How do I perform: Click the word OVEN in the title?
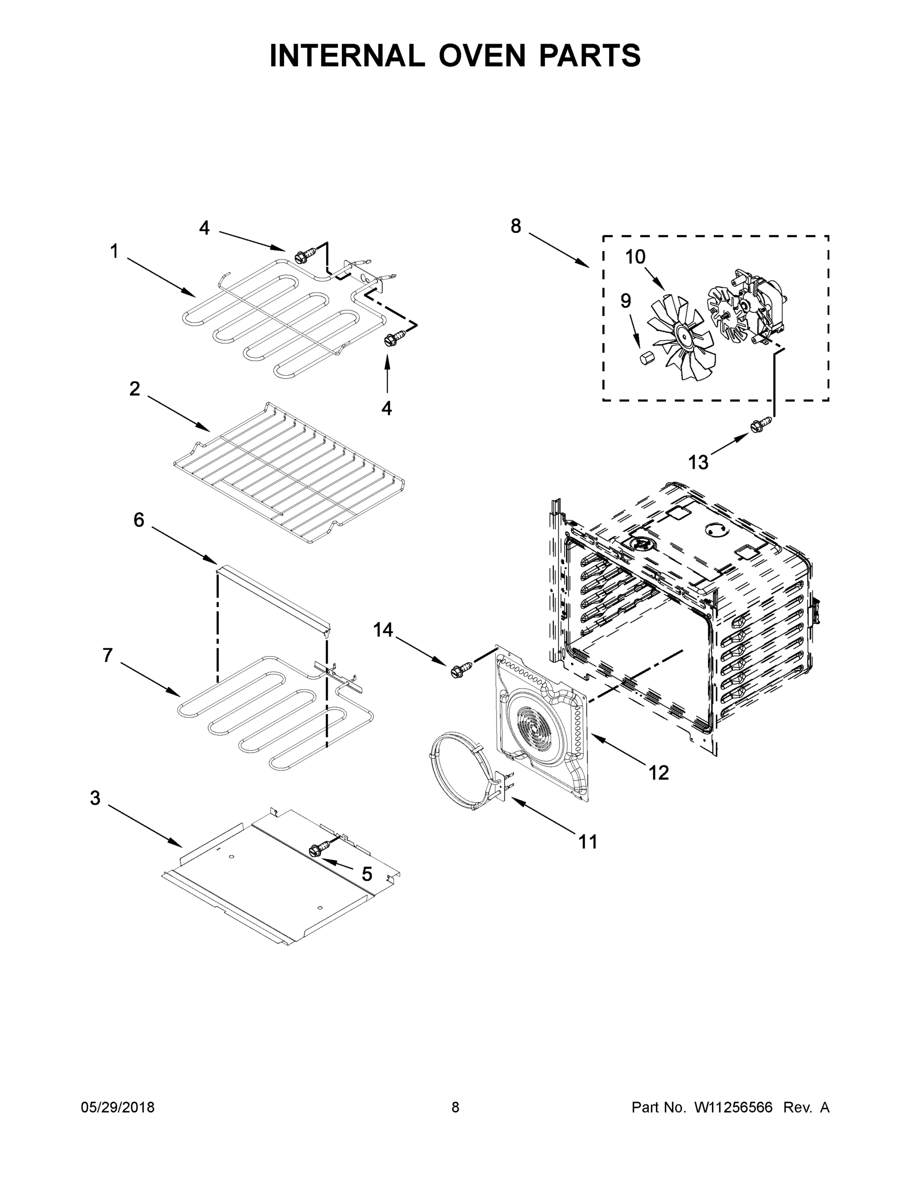pyautogui.click(x=481, y=55)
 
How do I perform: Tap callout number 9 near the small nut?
pyautogui.click(x=625, y=301)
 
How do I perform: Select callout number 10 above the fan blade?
pyautogui.click(x=635, y=257)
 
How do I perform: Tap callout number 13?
pyautogui.click(x=699, y=462)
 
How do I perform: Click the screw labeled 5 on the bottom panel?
pyautogui.click(x=318, y=849)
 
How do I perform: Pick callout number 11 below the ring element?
pyautogui.click(x=588, y=841)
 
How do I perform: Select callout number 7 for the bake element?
pyautogui.click(x=108, y=655)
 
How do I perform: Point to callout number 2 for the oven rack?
pyautogui.click(x=134, y=388)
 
